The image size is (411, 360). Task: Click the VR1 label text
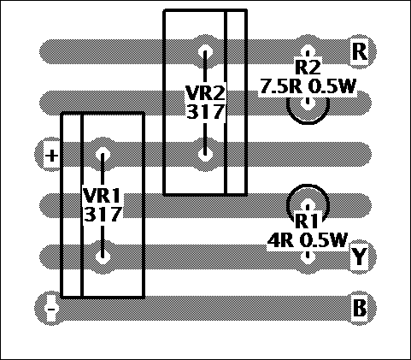102,195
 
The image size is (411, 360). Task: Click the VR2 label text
205,93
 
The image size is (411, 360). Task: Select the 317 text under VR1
103,214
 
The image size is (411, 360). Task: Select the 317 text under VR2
205,111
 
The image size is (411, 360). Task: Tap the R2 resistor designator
308,68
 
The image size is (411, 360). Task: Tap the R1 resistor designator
307,221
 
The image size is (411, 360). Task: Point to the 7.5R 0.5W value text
308,86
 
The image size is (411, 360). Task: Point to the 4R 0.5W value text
308,240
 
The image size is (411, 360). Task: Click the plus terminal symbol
51,156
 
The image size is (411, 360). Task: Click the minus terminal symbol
51,310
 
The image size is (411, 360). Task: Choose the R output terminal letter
360,51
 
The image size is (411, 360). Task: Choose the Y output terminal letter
359,257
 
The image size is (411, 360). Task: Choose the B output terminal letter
360,308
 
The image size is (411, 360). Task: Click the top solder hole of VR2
205,52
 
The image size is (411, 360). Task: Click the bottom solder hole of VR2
205,154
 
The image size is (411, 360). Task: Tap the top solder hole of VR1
103,155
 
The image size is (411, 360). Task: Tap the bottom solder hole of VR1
103,257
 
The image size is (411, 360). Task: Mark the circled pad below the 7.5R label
308,109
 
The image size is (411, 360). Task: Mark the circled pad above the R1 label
308,198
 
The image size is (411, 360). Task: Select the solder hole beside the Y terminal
308,257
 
